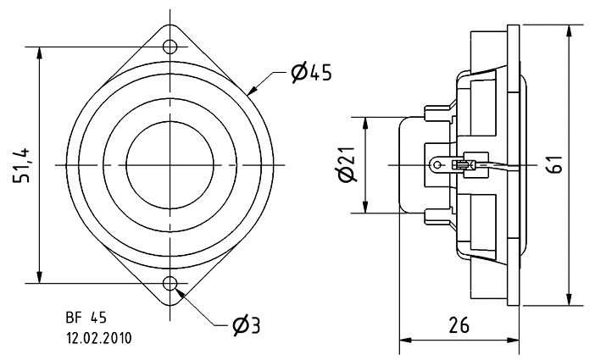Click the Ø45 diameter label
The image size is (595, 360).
311,73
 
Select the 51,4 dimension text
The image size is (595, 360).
22,165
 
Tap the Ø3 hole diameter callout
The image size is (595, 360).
247,326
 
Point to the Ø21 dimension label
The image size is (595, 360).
346,163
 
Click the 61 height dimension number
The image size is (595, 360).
555,164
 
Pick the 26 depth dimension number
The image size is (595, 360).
459,325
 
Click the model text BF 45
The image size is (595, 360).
86,318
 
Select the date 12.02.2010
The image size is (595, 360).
99,338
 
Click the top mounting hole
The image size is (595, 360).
170,47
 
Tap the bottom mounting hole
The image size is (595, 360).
170,283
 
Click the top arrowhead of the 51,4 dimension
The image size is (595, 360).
39,53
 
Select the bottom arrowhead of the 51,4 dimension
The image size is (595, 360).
39,277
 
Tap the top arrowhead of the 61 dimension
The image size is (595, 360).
569,31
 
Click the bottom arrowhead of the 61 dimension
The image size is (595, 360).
569,299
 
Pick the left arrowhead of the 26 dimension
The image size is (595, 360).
406,340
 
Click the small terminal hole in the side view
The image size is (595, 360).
437,165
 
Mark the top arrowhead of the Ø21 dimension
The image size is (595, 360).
365,124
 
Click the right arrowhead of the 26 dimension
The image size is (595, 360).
513,340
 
